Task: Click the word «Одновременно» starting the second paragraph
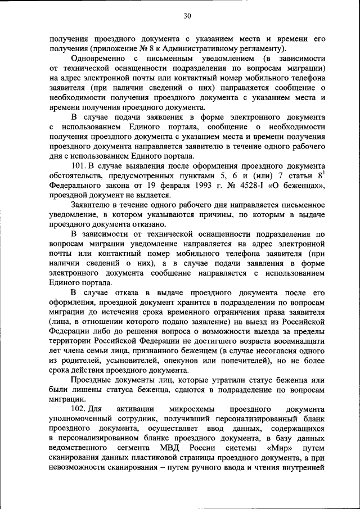coord(98,58)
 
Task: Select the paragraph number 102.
coord(80,408)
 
